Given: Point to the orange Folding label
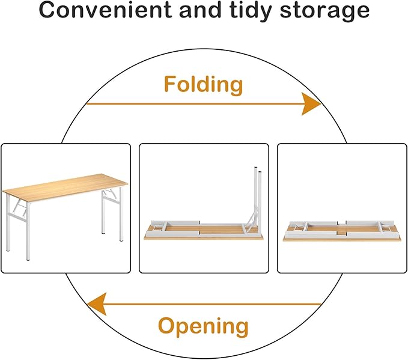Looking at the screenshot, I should coord(204,84).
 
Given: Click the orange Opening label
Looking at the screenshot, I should coord(203,326).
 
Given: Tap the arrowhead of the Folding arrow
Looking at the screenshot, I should coord(311,104).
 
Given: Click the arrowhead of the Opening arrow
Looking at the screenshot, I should coord(97,304).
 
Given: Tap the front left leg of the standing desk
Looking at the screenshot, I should coord(28,237).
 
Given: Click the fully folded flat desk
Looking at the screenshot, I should coord(341,231).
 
